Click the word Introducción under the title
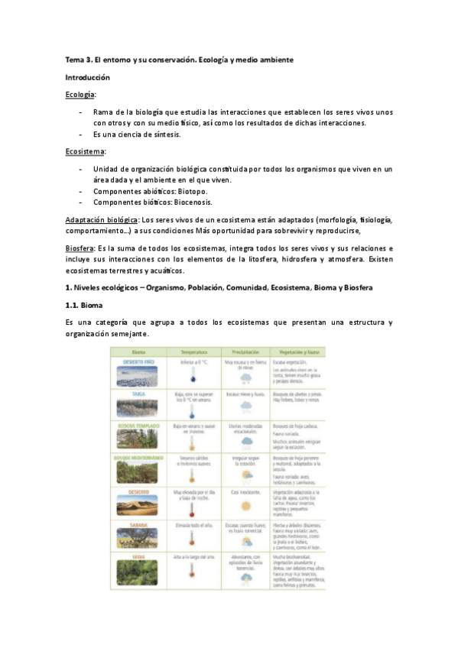pos(87,77)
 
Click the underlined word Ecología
pos(80,94)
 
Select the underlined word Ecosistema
pos(85,151)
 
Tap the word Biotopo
pos(191,191)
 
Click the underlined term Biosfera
pos(80,248)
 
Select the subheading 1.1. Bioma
pos(86,305)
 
